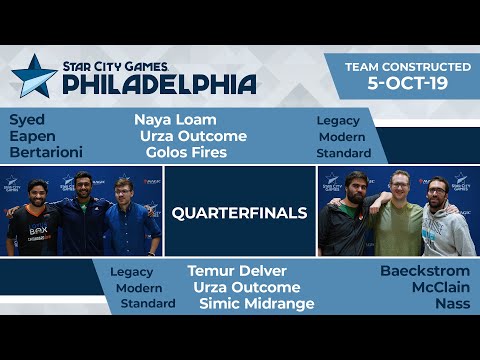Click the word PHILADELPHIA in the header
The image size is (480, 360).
(159, 84)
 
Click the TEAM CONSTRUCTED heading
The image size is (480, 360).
(407, 66)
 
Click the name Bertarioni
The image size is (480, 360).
(46, 152)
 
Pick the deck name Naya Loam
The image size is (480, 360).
(175, 119)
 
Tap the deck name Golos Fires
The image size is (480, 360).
(186, 152)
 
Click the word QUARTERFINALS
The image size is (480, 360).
(239, 212)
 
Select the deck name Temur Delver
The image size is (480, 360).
(237, 271)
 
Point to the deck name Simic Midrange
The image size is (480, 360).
(256, 303)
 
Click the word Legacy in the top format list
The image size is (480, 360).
(338, 120)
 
